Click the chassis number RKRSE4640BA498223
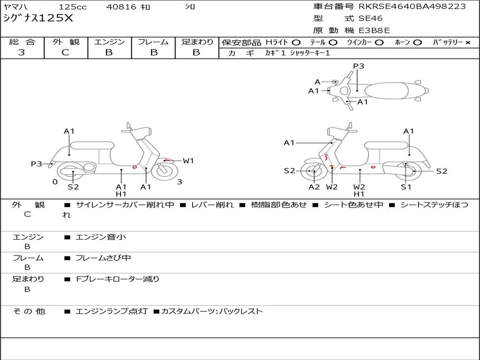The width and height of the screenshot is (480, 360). (x=412, y=7)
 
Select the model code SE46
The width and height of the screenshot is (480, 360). (x=370, y=19)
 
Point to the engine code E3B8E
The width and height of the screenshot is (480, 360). (x=374, y=30)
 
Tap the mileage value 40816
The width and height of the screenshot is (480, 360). (x=121, y=7)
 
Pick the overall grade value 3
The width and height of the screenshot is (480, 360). (x=22, y=52)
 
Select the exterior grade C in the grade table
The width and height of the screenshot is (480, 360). (x=66, y=52)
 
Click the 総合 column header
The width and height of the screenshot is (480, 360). (x=22, y=42)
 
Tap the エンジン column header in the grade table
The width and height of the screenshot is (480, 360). (x=109, y=42)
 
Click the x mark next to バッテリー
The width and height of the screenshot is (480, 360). (x=467, y=43)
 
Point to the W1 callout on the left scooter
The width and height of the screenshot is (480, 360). (x=188, y=161)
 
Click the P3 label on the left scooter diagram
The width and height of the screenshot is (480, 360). (x=37, y=164)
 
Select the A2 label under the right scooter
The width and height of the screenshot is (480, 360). (x=314, y=187)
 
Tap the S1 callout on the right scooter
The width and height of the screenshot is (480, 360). (x=406, y=187)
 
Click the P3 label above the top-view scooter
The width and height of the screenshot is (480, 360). (x=359, y=66)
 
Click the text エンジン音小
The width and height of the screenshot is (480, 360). (x=101, y=237)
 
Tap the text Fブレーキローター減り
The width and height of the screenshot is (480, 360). (x=118, y=279)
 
